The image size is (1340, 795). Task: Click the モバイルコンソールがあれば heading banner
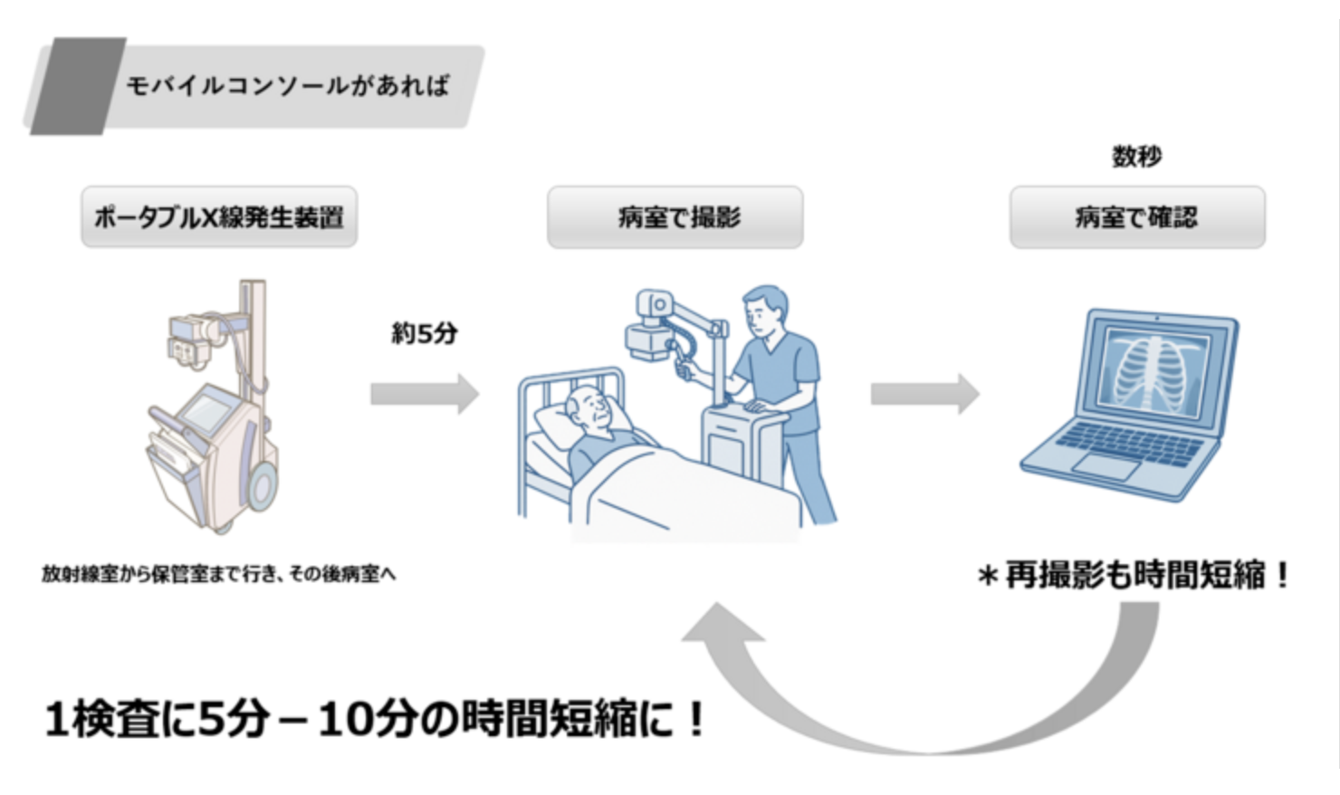288,86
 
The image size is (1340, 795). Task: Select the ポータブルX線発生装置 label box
219,217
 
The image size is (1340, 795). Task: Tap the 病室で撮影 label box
675,217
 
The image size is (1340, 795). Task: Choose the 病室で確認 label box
1137,217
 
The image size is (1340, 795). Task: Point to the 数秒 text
1137,157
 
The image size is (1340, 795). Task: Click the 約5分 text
424,333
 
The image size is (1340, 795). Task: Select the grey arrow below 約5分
424,394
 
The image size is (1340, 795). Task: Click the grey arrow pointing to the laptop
924,394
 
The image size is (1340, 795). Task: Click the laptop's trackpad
1106,465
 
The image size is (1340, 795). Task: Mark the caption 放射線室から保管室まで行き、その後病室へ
218,574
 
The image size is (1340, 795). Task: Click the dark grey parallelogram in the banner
78,86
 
